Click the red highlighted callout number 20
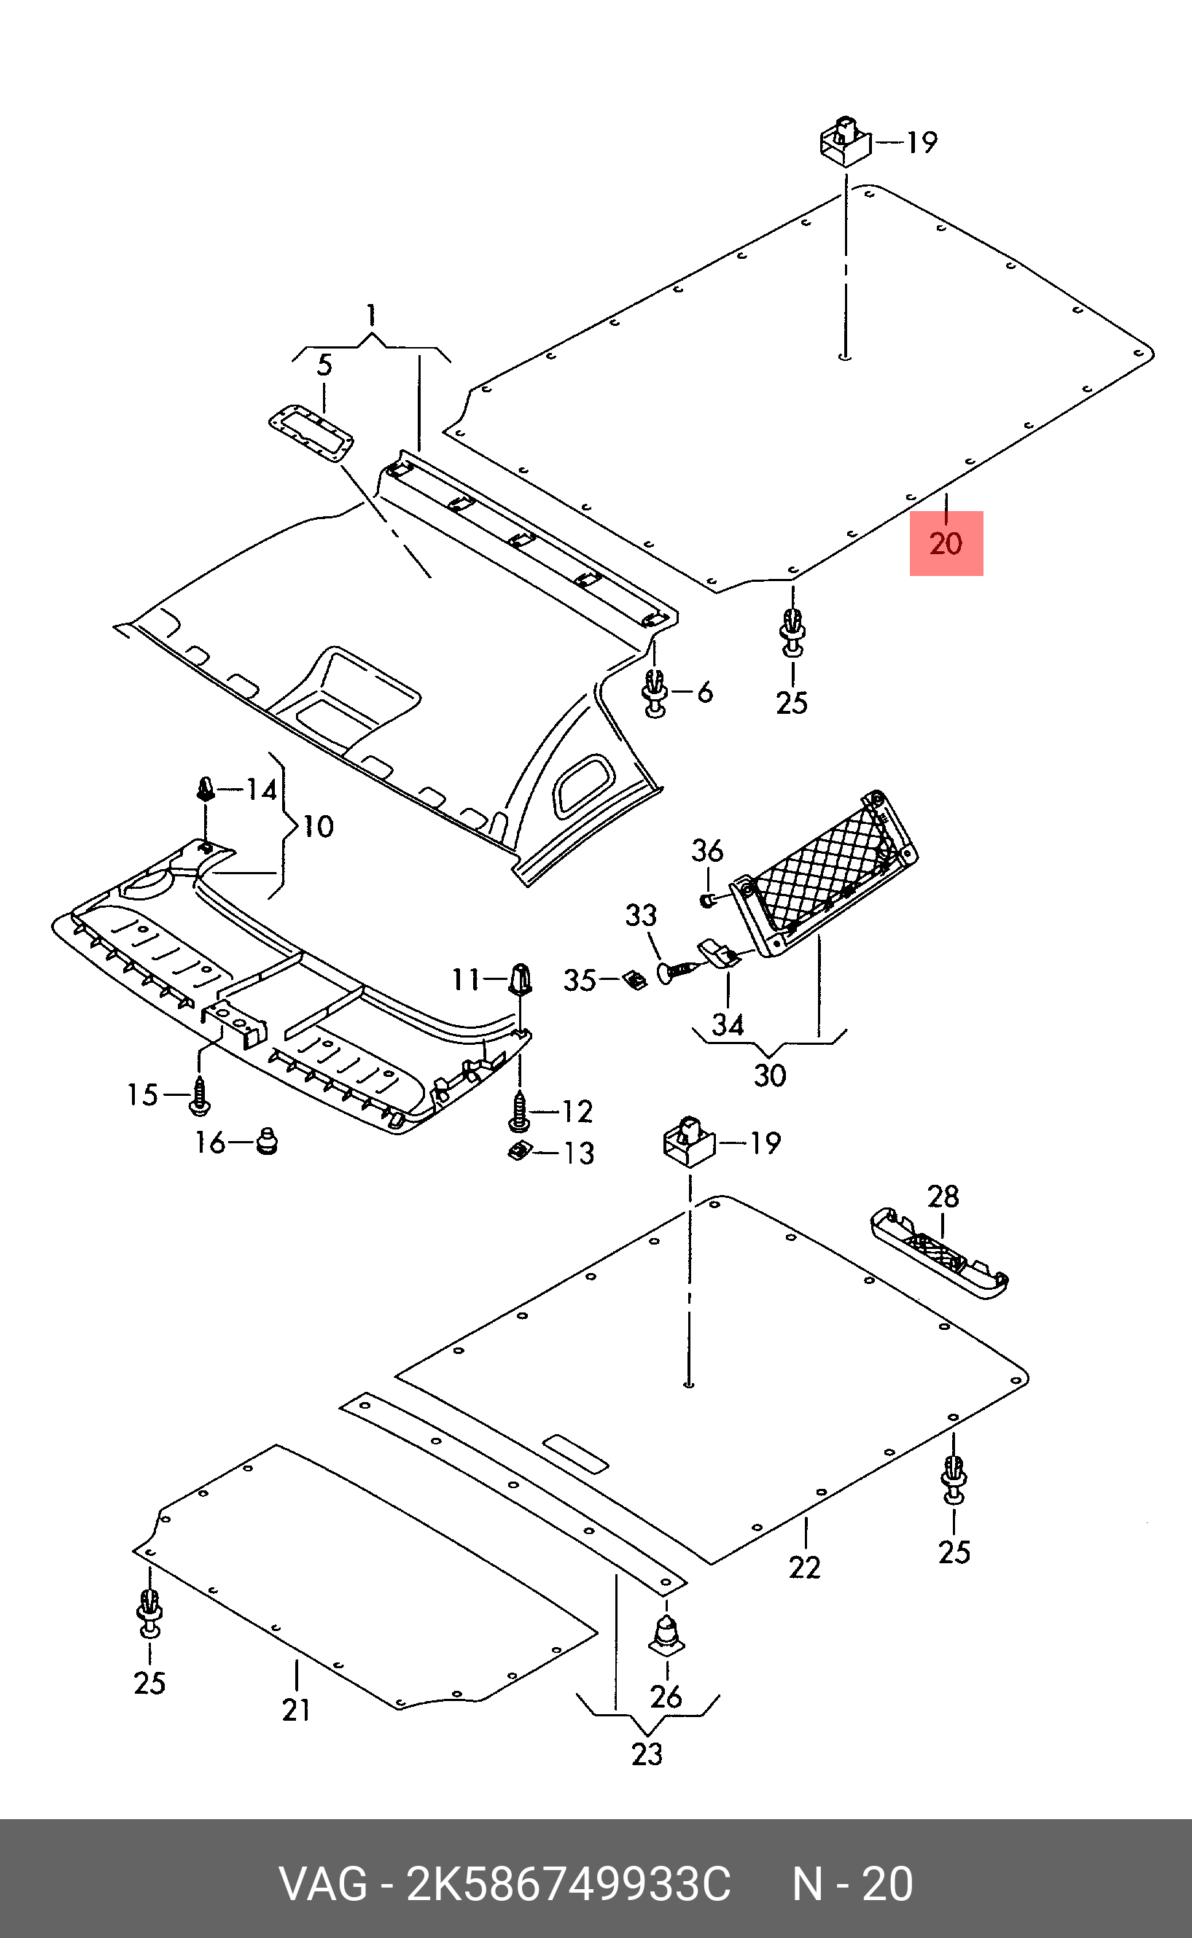946,543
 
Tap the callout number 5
324,365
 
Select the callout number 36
707,851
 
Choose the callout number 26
666,1695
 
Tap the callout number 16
211,1142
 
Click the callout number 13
578,1153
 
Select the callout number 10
319,826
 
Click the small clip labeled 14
205,787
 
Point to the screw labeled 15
198,1097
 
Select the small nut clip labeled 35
634,980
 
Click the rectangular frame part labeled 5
311,433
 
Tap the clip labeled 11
521,979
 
